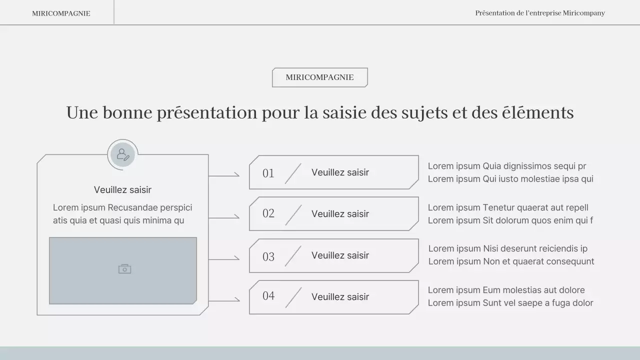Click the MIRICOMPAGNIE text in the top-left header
61,13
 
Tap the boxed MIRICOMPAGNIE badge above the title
319,77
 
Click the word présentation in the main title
207,112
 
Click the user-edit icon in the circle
122,154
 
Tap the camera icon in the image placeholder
124,269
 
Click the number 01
268,173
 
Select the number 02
268,213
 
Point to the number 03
268,256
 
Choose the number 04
268,295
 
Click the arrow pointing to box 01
224,175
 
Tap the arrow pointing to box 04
224,300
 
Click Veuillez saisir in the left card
122,190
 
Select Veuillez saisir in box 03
340,255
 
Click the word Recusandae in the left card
132,207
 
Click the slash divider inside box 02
293,215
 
